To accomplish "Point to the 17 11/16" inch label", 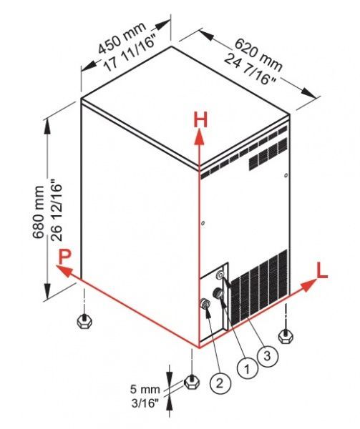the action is coord(132,54).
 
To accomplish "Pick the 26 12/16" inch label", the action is coord(57,209).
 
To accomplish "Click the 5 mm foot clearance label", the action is coord(145,389).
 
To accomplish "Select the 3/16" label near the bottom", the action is coord(145,403).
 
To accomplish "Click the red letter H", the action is coord(200,119).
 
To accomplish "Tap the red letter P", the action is coord(64,257).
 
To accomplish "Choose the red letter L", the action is coord(321,270).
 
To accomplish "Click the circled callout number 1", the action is coord(247,369).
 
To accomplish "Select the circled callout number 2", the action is coord(220,383).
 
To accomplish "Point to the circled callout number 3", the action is coord(267,355).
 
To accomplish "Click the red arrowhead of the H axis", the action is coord(200,136).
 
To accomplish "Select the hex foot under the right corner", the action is coord(286,336).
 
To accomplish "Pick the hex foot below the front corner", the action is coord(193,381).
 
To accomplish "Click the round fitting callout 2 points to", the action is coord(205,303).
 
